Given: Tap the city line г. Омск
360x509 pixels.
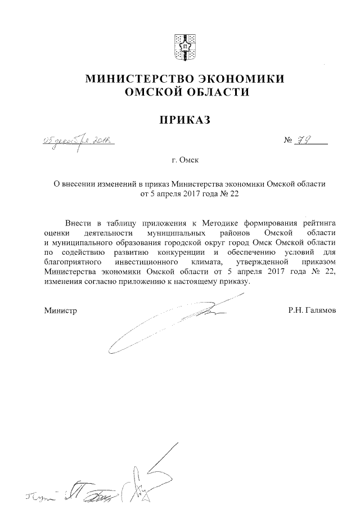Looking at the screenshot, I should (186, 160).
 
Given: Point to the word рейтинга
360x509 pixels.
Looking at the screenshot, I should (318, 223).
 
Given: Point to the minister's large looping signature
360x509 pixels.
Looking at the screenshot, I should (169, 326).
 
